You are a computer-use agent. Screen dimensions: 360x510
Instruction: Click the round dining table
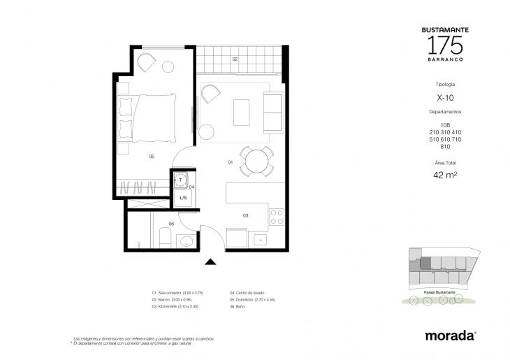pos(255,160)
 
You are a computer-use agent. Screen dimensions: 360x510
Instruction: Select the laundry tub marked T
pos(181,180)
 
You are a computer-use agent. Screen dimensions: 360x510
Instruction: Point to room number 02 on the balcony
pos(235,59)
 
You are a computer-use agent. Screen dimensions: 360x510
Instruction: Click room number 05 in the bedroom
pos(152,157)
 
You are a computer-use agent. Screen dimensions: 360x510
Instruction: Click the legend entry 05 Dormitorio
pos(256,298)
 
